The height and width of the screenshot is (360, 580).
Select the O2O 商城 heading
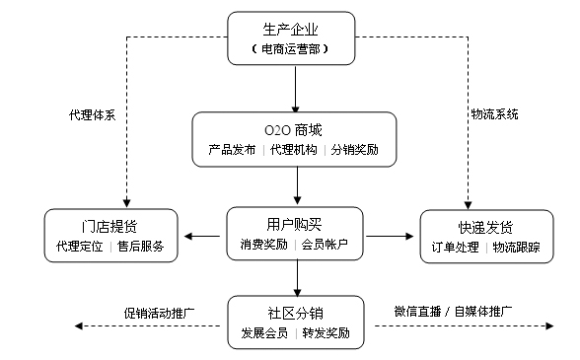(x=294, y=130)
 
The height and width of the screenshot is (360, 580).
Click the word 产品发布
(x=232, y=150)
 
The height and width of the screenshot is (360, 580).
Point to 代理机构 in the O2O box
(x=294, y=150)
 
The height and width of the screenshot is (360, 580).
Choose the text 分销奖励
(x=354, y=150)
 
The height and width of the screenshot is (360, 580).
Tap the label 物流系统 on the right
(x=494, y=115)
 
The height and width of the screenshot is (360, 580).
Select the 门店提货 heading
(x=110, y=225)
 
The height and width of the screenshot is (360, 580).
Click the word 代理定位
(x=79, y=246)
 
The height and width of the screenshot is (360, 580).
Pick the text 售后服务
(x=141, y=246)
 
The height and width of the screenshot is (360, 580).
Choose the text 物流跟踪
(x=516, y=246)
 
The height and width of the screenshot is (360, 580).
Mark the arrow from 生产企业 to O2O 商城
(x=295, y=89)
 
